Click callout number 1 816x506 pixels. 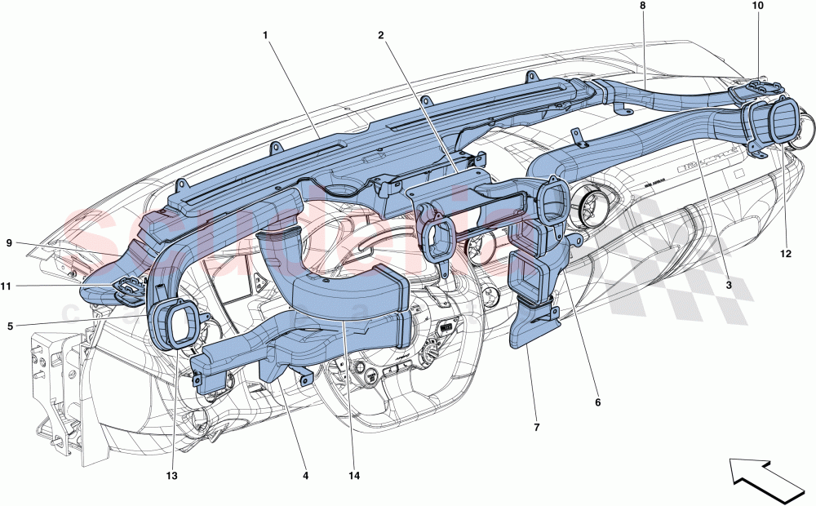click(265, 35)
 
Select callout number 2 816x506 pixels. click(380, 35)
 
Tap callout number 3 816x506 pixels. click(729, 285)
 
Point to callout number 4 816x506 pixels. click(305, 476)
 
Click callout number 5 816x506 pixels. click(10, 326)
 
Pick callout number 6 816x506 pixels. click(596, 402)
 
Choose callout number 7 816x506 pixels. click(536, 426)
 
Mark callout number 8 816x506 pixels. click(642, 6)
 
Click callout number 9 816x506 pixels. click(10, 242)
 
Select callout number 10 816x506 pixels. click(757, 6)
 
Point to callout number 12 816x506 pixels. click(785, 254)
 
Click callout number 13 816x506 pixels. click(173, 476)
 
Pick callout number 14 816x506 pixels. click(354, 476)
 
